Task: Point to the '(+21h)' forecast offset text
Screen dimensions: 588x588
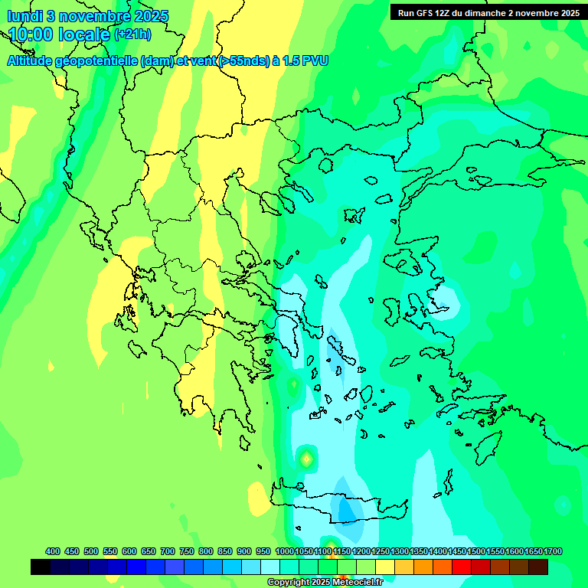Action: point(132,34)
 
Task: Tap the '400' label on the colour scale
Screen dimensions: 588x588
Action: point(53,551)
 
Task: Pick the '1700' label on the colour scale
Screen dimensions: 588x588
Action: point(554,551)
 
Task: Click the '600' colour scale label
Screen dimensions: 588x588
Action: point(129,551)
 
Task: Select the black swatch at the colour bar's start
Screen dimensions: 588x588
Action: point(41,567)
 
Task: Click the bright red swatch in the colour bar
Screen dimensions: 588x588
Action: point(462,567)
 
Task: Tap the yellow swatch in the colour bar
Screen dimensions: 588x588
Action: point(385,567)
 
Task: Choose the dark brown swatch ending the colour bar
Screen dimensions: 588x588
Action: point(538,567)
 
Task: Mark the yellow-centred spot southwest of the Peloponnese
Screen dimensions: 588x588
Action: point(306,459)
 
